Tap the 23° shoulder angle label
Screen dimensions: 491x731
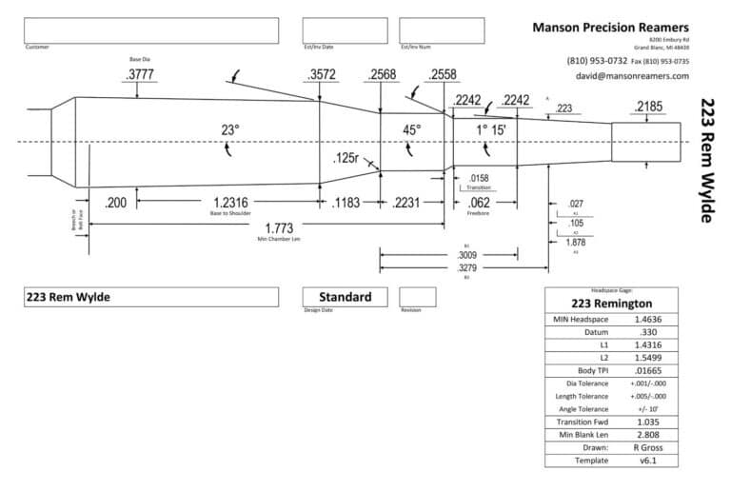tap(230, 128)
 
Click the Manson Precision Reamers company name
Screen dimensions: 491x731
tap(612, 28)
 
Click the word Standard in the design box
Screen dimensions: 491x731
tap(345, 297)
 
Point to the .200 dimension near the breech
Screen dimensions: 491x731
tap(116, 202)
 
